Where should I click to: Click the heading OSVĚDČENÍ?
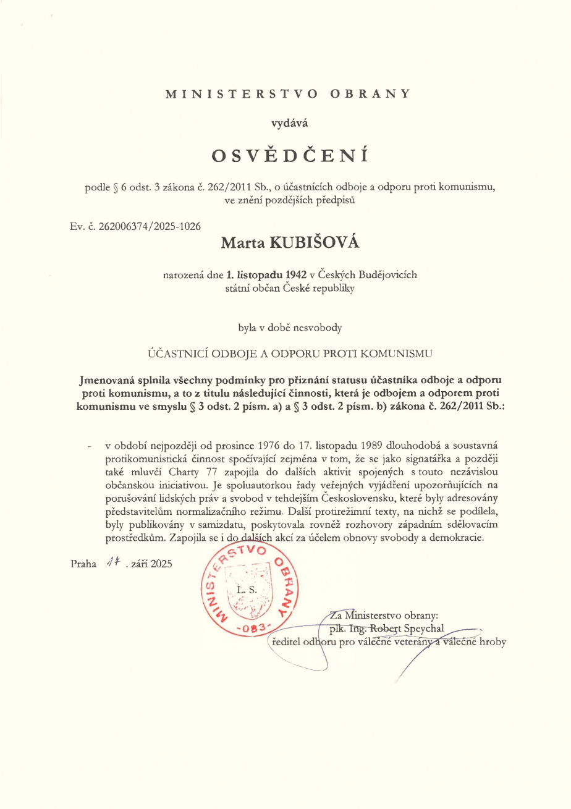click(290, 155)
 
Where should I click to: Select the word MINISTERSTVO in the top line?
click(242, 94)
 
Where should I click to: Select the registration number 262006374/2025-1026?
click(150, 226)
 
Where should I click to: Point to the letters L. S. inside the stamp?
click(244, 590)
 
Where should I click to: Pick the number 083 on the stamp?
click(250, 628)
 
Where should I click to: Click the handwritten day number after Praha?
click(112, 562)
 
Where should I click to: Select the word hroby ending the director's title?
click(492, 642)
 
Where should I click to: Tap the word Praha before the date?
click(84, 563)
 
